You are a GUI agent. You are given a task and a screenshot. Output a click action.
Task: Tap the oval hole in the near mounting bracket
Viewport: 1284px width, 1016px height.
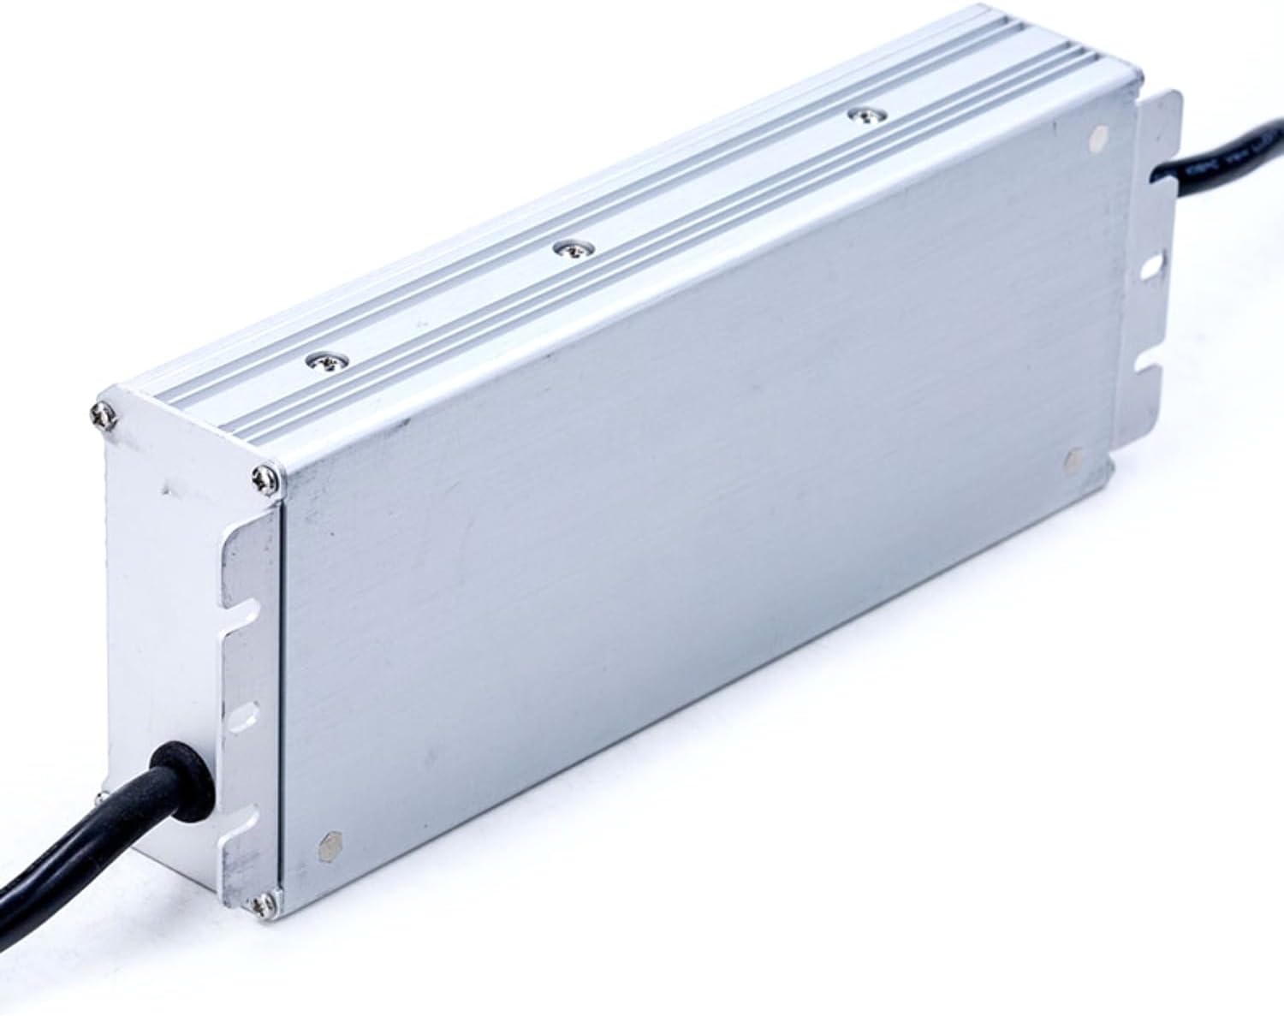pos(244,710)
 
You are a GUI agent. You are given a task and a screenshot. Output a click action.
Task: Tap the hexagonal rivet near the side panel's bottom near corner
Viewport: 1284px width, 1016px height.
pos(330,847)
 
